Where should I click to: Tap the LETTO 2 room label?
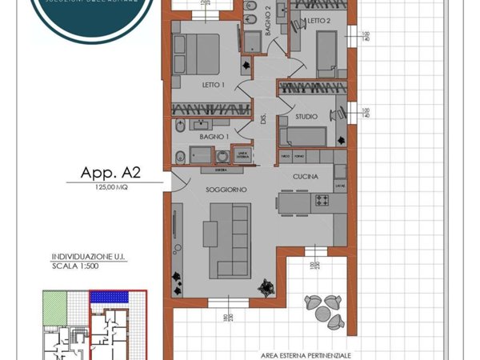(x=316, y=21)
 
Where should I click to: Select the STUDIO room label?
(x=306, y=117)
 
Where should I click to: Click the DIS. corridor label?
(x=263, y=119)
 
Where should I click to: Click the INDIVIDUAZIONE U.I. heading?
(x=88, y=257)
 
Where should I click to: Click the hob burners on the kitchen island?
(x=323, y=199)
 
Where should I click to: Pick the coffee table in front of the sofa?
(x=210, y=234)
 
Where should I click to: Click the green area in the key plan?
(x=54, y=306)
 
